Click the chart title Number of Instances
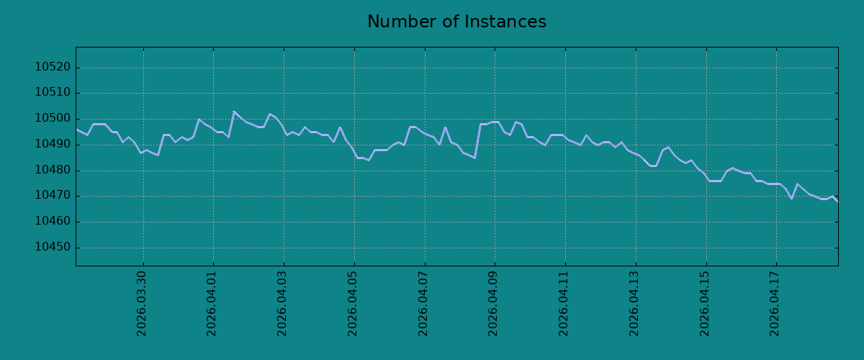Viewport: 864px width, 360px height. (x=456, y=22)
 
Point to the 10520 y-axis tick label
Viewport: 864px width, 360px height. (x=53, y=67)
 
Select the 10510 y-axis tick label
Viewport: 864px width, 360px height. (x=53, y=93)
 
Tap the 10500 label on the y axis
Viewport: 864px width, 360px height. (x=53, y=119)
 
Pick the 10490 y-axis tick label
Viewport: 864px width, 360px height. (x=53, y=144)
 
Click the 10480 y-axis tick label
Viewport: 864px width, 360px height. (x=53, y=170)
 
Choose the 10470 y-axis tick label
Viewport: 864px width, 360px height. (x=53, y=196)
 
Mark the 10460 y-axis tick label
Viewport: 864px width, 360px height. (x=53, y=222)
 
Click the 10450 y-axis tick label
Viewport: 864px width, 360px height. (x=53, y=248)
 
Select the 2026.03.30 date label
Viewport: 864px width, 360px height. (x=142, y=304)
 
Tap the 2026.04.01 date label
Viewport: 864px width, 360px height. (x=212, y=304)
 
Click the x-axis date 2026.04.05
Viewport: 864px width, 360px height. (x=353, y=304)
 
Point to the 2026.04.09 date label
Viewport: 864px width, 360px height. (x=493, y=304)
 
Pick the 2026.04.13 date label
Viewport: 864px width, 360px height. (x=634, y=304)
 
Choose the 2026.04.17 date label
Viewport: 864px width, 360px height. (x=775, y=304)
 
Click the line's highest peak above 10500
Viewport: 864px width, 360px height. (x=234, y=112)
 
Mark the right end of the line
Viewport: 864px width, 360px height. (x=838, y=202)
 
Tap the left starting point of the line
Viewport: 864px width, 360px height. (x=76, y=130)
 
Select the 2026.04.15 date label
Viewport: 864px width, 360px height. (x=705, y=304)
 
